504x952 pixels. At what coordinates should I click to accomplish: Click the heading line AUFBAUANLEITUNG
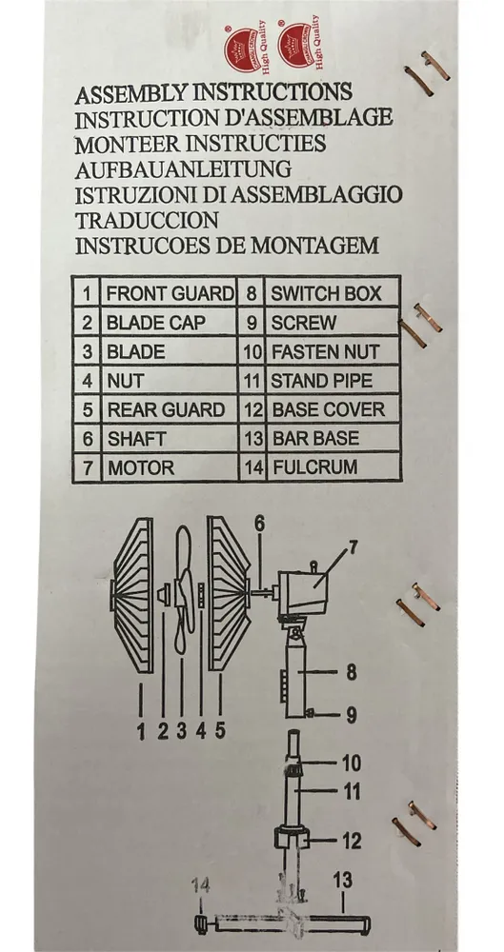pos(183,169)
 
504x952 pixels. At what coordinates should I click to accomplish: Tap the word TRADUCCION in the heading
pos(147,220)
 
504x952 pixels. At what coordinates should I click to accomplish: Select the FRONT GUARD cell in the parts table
pos(169,293)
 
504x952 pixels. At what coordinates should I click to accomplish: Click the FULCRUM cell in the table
pos(333,467)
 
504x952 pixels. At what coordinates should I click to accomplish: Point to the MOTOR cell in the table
pos(169,467)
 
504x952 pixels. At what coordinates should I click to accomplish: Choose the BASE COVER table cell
pos(333,409)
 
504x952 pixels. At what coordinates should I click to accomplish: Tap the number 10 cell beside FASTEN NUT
pos(252,351)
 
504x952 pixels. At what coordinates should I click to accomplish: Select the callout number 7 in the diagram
pos(353,547)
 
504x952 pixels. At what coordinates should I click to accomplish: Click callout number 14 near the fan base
pos(201,885)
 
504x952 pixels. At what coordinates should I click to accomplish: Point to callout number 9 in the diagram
pos(352,715)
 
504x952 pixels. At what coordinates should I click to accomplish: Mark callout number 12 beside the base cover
pos(352,841)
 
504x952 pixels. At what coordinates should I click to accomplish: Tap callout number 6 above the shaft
pos(259,524)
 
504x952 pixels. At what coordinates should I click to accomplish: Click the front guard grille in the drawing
pos(132,594)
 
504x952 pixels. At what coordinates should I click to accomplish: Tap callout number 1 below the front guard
pos(141,731)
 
